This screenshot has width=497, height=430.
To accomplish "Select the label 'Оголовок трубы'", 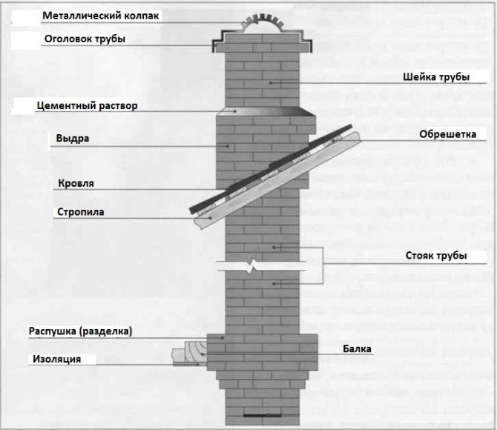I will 83,39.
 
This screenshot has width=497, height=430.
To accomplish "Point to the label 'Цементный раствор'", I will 87,106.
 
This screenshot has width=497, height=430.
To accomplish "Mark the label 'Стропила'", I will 80,211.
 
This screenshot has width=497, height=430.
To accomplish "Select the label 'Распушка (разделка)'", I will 80,331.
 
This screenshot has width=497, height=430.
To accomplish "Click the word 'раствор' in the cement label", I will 118,106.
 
